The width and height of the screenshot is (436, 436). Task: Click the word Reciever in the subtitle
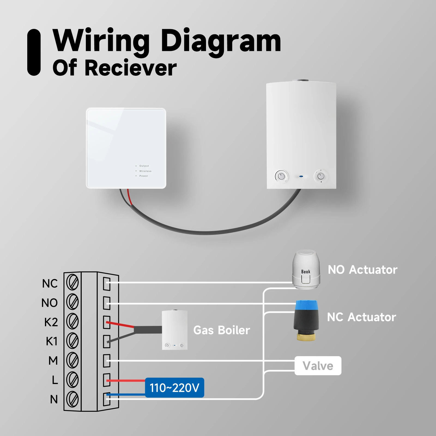[x=131, y=68]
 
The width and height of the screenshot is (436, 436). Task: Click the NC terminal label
[x=50, y=284]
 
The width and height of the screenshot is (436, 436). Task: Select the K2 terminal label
[x=51, y=322]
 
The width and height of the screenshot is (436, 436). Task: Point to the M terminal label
[x=53, y=361]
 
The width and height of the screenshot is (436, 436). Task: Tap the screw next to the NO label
[x=72, y=302]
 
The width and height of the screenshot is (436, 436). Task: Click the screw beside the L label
[x=72, y=380]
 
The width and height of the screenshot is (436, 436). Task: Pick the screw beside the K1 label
[x=72, y=341]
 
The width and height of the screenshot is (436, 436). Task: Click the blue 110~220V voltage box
[x=174, y=387]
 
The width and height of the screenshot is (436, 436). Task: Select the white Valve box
[x=318, y=366]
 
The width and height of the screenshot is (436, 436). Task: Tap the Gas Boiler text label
[x=222, y=330]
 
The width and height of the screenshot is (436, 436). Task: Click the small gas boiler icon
[x=175, y=330]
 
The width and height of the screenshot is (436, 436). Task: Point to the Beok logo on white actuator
[x=306, y=272]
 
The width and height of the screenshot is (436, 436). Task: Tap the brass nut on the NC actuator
[x=306, y=335]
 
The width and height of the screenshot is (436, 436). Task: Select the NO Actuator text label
[x=362, y=270]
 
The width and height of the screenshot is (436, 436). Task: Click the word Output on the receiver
[x=144, y=166]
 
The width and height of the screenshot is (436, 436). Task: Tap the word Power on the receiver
[x=144, y=176]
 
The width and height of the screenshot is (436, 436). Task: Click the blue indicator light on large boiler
[x=301, y=176]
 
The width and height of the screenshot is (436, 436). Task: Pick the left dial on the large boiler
[x=281, y=176]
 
